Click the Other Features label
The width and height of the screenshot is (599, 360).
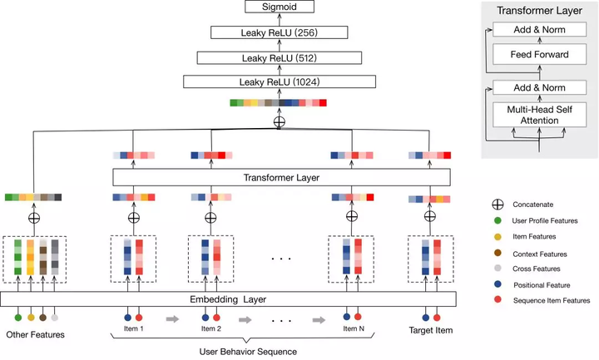[x=36, y=334]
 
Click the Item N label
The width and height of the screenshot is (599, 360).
[x=353, y=329]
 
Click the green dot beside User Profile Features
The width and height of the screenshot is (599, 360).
[x=497, y=220]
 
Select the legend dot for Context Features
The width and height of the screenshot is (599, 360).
[x=497, y=254]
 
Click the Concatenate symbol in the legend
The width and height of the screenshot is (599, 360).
[x=497, y=204]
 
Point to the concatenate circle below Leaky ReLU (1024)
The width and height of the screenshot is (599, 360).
[x=280, y=121]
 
